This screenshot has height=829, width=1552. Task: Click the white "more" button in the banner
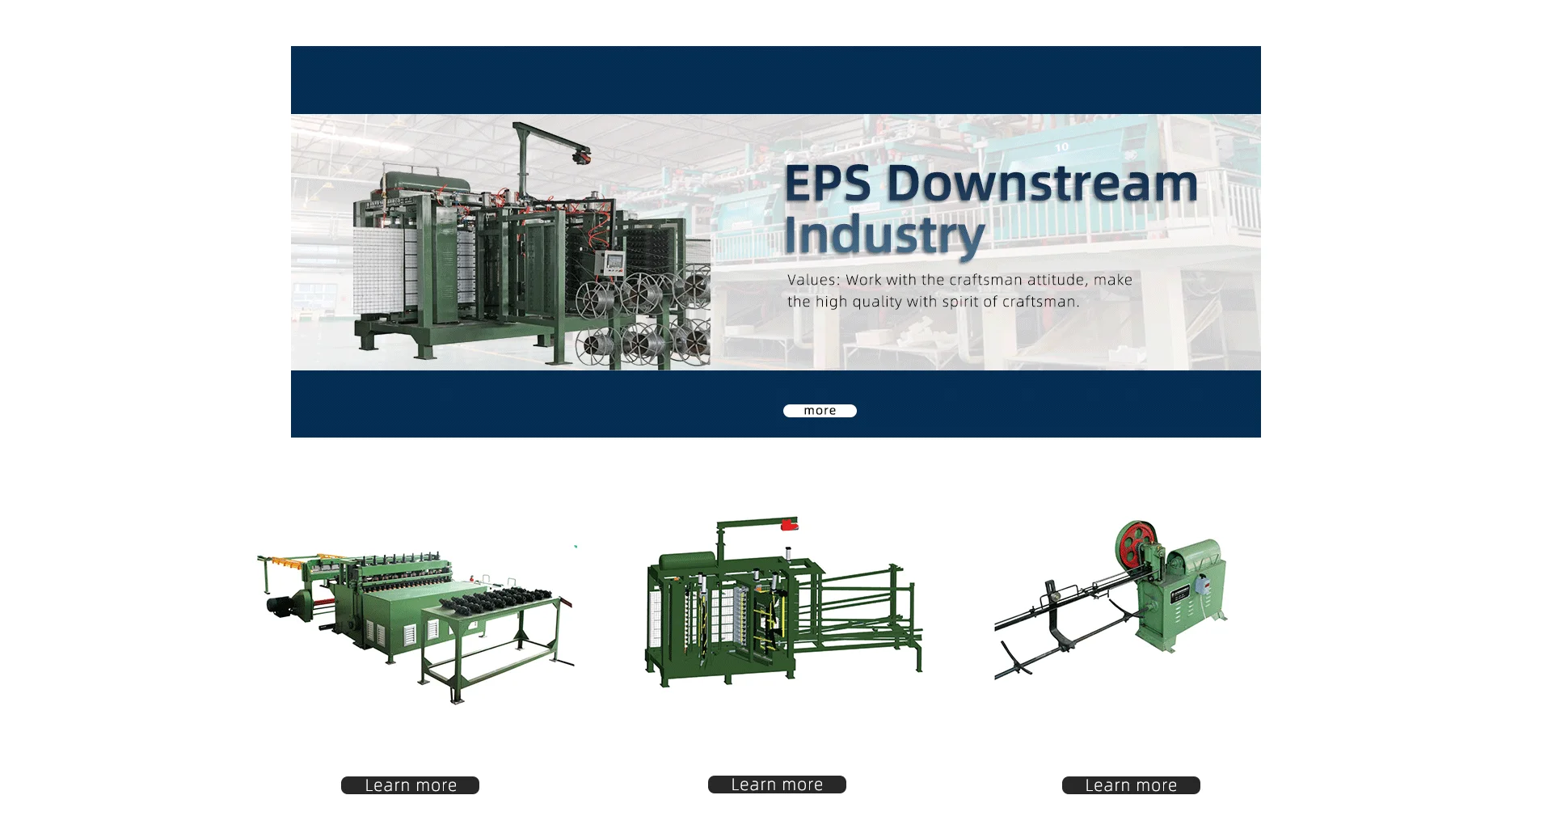pyautogui.click(x=820, y=411)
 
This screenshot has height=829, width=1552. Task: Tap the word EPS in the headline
pyautogui.click(x=828, y=184)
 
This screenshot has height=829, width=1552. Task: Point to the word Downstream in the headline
pyautogui.click(x=1043, y=184)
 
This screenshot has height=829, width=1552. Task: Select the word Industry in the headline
pyautogui.click(x=884, y=235)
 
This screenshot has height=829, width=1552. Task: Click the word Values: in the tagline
pyautogui.click(x=814, y=280)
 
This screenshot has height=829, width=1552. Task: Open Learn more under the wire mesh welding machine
pyautogui.click(x=410, y=785)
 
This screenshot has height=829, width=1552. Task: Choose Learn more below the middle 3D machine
pyautogui.click(x=777, y=785)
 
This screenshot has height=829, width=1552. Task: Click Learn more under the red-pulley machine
pyautogui.click(x=1131, y=785)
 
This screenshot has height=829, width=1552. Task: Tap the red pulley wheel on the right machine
pyautogui.click(x=1136, y=543)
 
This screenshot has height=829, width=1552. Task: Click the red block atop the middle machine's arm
pyautogui.click(x=789, y=525)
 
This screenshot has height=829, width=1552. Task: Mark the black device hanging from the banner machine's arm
pyautogui.click(x=580, y=154)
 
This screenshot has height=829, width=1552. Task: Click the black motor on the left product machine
pyautogui.click(x=280, y=606)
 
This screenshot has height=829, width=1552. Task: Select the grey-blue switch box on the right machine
pyautogui.click(x=1202, y=583)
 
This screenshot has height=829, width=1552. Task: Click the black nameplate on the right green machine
pyautogui.click(x=1179, y=592)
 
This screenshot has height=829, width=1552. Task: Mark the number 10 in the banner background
pyautogui.click(x=1061, y=147)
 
